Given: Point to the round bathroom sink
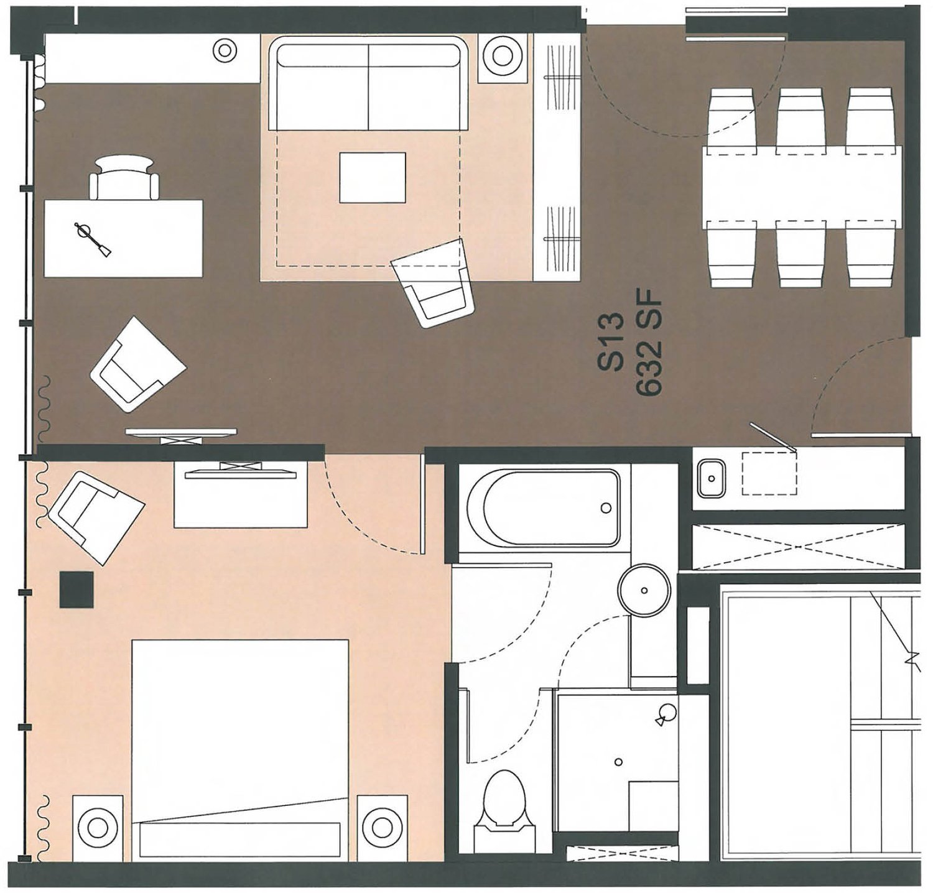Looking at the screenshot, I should point(644,588).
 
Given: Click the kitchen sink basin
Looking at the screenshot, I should point(710,478).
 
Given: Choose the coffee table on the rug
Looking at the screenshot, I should point(372,177).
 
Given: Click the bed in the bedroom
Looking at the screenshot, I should point(240,746).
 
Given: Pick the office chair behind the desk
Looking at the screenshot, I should point(124,177).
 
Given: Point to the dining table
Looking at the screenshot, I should point(802,187).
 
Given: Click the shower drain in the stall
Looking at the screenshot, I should point(618,761).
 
